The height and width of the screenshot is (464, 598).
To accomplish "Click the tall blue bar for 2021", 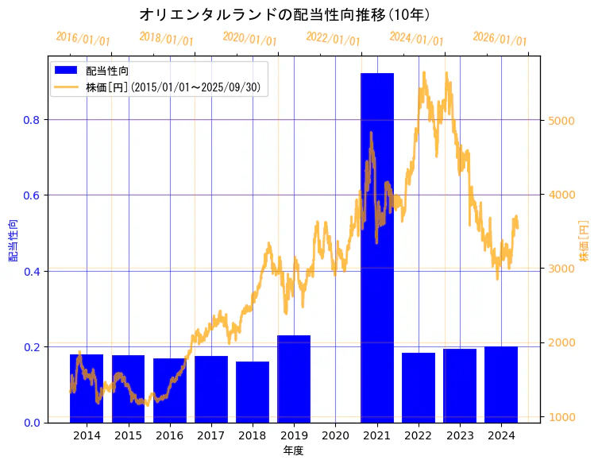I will point(377,247).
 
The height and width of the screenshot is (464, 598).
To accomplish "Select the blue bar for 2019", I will point(294,379).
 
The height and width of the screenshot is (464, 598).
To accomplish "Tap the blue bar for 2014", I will point(87,389).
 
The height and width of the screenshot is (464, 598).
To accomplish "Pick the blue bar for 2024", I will point(501,385).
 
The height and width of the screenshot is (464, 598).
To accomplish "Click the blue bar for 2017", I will point(211,389).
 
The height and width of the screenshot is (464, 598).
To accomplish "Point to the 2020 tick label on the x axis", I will point(335,435).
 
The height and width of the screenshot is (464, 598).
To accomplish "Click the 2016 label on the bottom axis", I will point(169,435).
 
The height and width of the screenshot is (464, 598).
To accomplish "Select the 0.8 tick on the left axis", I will point(32,120).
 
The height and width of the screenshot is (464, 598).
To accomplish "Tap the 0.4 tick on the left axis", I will point(32,272).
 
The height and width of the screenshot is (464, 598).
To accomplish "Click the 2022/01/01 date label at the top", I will point(333,39).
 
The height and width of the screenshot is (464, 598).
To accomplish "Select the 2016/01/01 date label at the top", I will point(83,39).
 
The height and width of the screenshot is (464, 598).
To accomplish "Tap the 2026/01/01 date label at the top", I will point(500,39).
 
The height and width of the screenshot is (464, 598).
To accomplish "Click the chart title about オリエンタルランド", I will point(285,14).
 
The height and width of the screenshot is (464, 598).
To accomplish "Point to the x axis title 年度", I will point(294,450).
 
